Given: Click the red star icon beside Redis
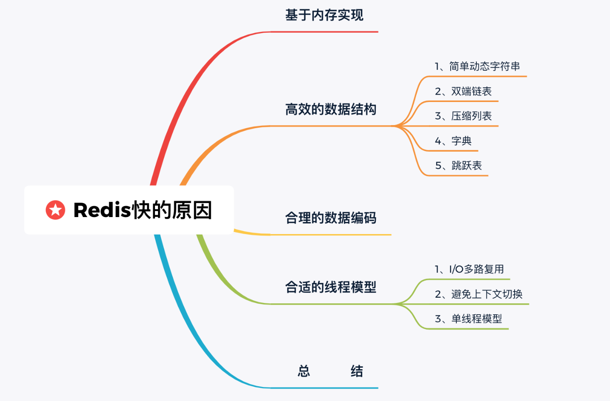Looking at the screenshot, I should click(55, 210).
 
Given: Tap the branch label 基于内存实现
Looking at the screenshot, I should click(324, 15).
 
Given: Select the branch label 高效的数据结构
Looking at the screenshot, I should click(330, 109).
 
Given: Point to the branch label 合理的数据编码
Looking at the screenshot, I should click(330, 218).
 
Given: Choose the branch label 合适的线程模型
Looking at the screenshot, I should click(330, 287).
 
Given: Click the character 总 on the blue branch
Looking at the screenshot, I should click(304, 371).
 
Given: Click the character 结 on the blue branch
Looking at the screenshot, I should click(357, 371).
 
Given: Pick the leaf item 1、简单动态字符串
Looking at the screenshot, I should click(477, 67).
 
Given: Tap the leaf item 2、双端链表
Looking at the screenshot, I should click(463, 92).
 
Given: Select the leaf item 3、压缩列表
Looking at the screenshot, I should click(463, 116).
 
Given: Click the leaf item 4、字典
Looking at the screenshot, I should click(453, 141).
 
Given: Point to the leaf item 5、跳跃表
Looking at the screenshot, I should click(458, 166).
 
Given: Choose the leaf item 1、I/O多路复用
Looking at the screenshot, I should click(469, 269).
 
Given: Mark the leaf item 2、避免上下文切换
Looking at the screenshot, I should click(479, 295).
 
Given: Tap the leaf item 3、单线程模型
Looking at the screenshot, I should click(468, 319).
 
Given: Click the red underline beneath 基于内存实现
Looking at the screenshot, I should click(324, 32).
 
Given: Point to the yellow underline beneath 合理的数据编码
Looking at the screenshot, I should click(331, 234).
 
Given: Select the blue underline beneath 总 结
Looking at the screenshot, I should click(324, 388).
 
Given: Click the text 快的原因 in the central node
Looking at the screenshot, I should click(172, 210).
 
